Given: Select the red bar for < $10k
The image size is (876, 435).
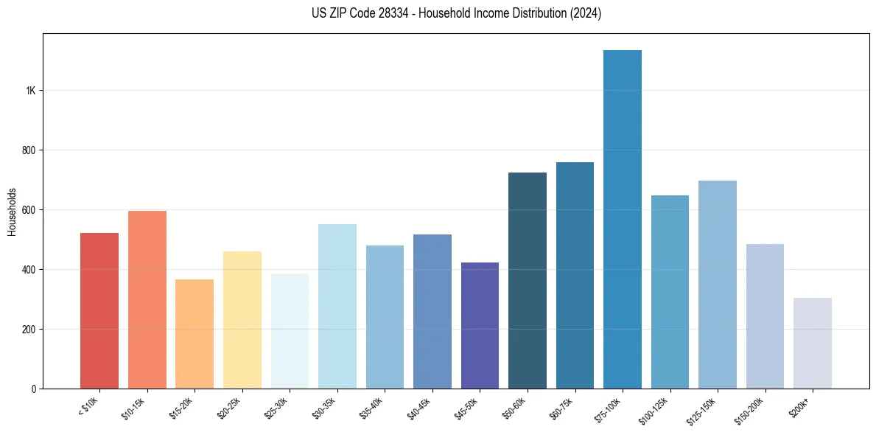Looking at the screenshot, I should (99, 310).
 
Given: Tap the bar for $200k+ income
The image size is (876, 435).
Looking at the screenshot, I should (813, 343).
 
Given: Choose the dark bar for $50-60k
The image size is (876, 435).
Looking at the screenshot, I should (528, 280).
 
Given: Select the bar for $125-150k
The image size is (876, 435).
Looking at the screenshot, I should (718, 285).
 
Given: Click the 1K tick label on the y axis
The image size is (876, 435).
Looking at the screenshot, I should (30, 91).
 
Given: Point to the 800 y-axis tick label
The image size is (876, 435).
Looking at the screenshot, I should (28, 150).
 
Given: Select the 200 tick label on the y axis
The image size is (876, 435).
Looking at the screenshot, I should (28, 329).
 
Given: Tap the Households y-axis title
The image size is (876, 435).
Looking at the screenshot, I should (12, 211).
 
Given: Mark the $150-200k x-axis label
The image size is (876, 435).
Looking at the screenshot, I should (750, 409).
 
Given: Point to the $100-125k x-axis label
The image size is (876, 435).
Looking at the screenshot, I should (655, 409).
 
